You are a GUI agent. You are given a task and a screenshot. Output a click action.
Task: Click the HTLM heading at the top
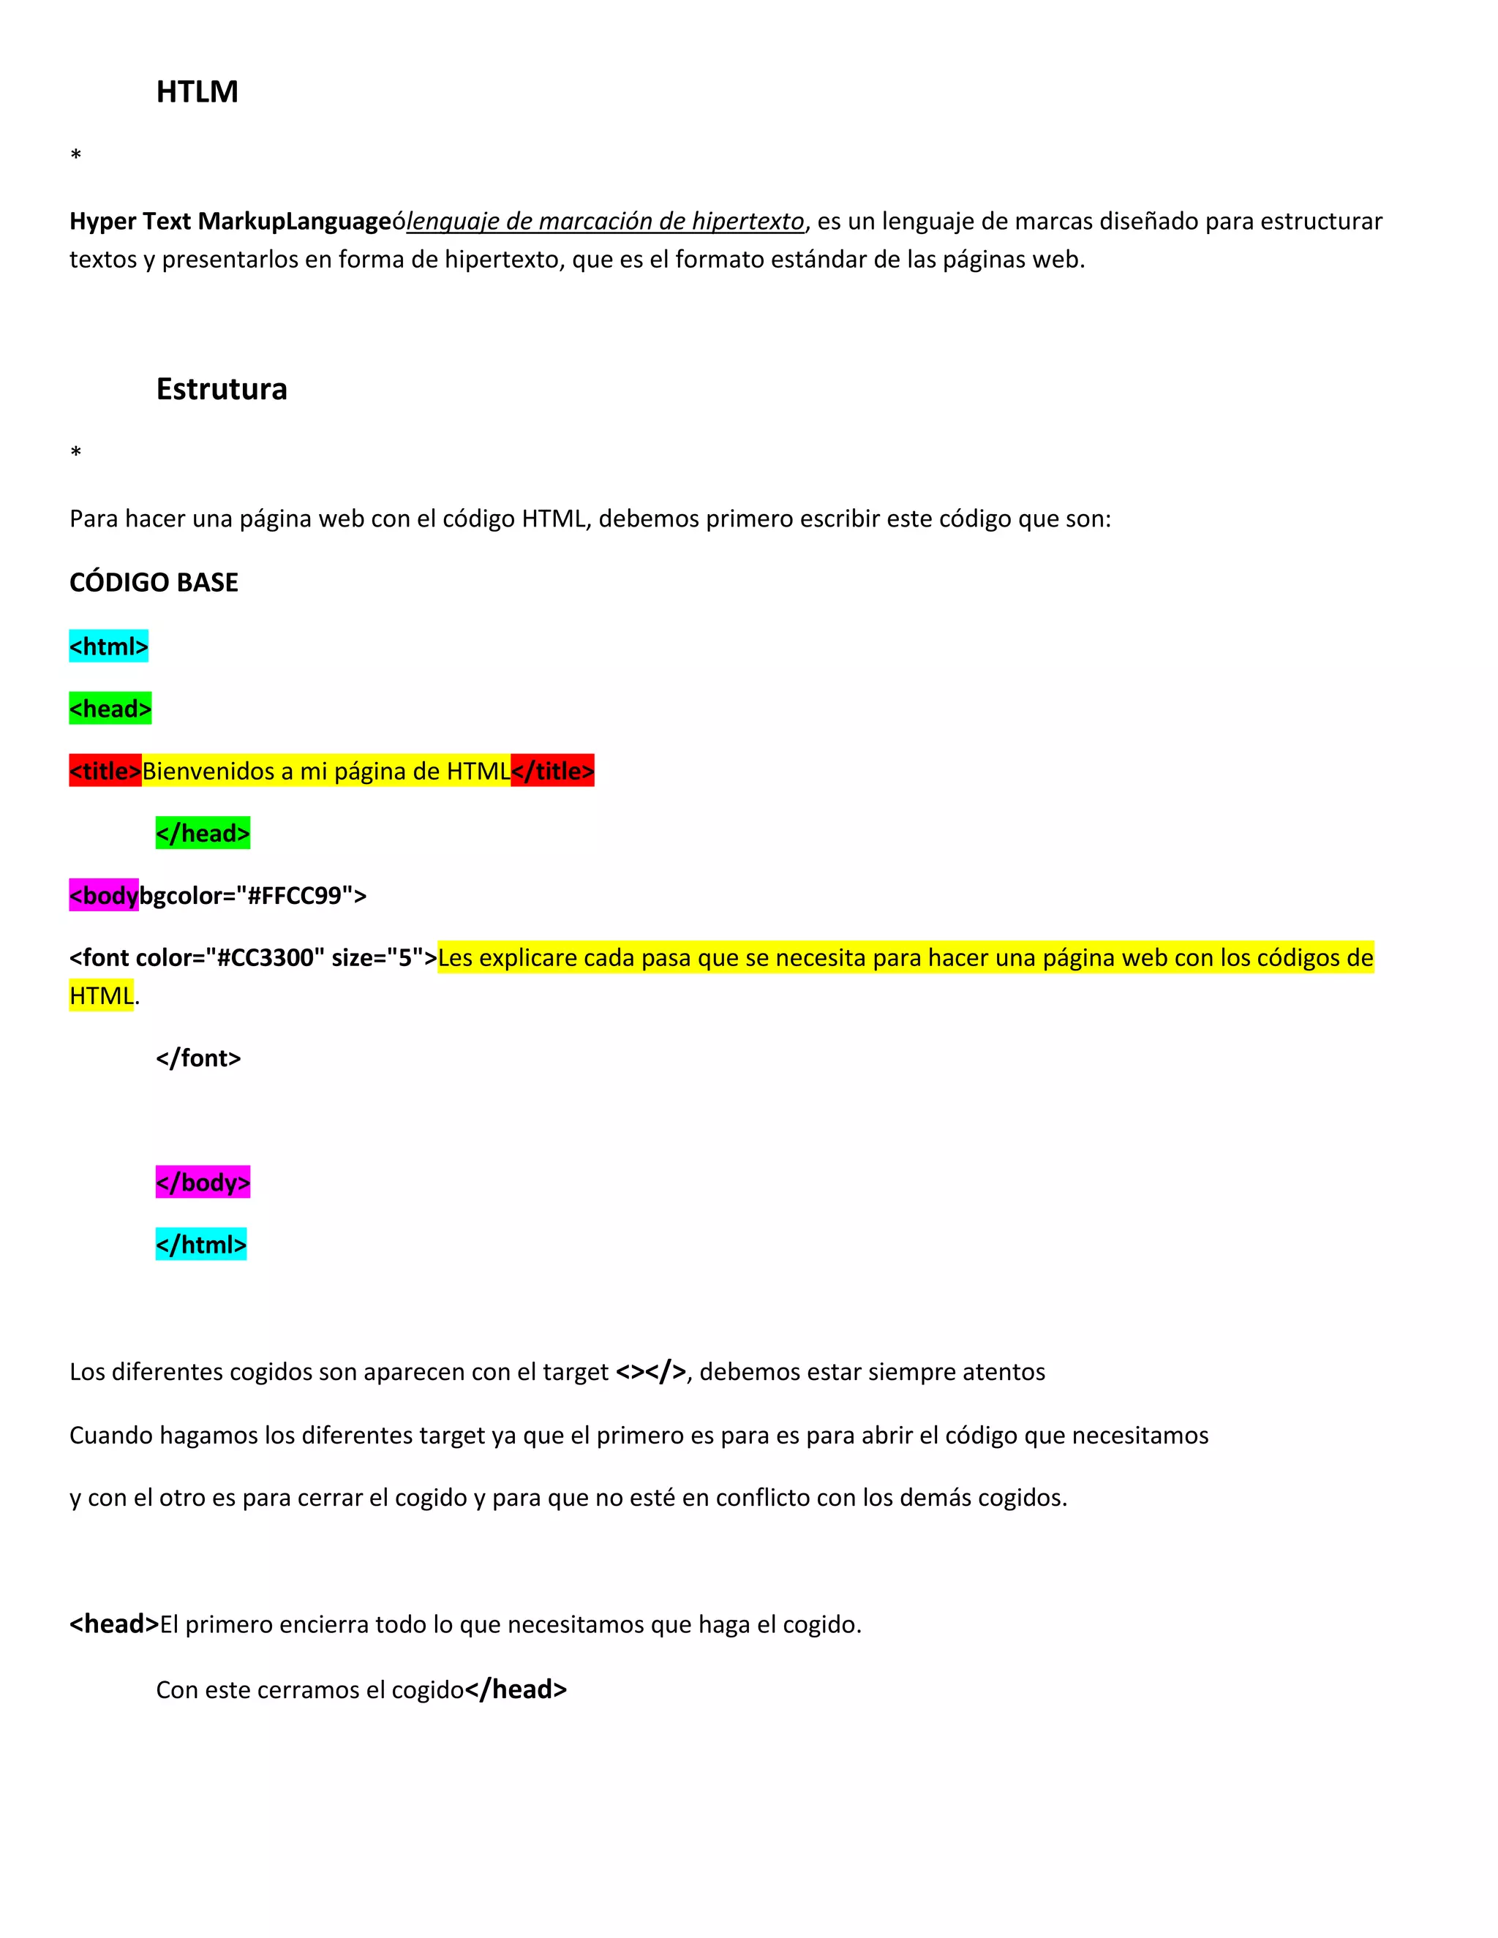197,92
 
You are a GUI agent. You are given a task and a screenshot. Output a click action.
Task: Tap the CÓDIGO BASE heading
154,583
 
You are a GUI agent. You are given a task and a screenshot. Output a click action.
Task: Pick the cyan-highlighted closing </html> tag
200,1245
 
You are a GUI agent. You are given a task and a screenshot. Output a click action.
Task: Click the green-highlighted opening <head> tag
110,709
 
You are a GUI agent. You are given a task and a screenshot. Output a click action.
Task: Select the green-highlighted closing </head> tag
203,833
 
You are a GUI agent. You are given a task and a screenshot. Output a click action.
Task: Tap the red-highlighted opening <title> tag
105,771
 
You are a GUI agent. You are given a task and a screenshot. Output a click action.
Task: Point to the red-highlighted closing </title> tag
552,771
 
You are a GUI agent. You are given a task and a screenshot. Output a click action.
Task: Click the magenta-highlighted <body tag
104,895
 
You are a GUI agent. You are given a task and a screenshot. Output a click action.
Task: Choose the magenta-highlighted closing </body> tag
203,1183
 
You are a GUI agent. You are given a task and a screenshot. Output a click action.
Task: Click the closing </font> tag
198,1059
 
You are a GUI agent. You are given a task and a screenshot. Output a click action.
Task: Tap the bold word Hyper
103,221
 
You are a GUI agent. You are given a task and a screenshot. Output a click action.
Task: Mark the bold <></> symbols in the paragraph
650,1372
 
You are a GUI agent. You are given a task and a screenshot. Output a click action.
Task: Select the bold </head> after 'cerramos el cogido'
516,1689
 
